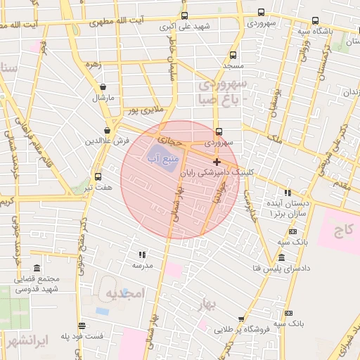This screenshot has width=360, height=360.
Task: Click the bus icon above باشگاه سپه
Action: [x=315, y=20]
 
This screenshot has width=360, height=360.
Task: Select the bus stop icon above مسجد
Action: [x=233, y=55]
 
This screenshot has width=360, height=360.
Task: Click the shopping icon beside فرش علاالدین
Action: [x=107, y=130]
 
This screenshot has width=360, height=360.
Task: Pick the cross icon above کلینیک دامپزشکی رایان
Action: [x=217, y=162]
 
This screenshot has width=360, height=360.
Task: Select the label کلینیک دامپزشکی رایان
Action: [x=217, y=172]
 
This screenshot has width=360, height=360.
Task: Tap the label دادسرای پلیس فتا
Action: [x=279, y=269]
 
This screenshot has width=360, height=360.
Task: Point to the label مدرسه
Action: [x=142, y=266]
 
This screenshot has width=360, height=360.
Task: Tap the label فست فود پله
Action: [x=82, y=336]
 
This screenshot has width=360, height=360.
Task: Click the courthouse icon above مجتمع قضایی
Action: [x=37, y=268]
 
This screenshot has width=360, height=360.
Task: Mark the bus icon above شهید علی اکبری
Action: [x=184, y=15]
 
